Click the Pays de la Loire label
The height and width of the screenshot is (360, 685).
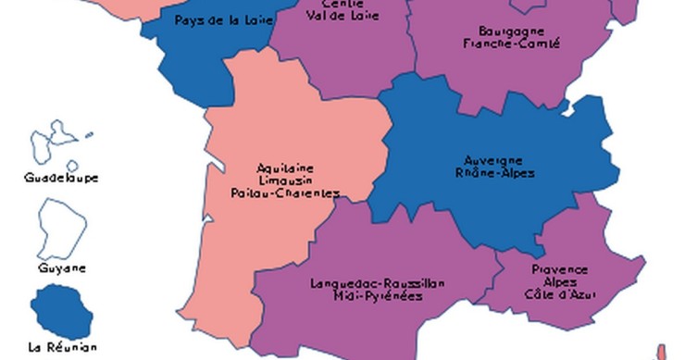(215, 19)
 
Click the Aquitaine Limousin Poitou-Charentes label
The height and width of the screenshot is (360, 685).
(284, 180)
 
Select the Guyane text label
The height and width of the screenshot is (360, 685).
(62, 268)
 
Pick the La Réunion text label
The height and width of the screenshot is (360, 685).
(61, 348)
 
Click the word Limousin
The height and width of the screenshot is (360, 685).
(284, 180)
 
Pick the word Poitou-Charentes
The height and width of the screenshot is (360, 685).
(284, 193)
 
